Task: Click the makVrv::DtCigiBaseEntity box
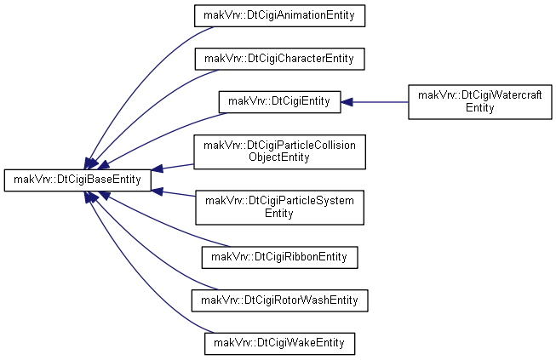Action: pyautogui.click(x=77, y=180)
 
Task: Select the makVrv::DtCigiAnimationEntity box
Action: pyautogui.click(x=279, y=15)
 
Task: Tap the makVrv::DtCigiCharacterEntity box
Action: pyautogui.click(x=279, y=59)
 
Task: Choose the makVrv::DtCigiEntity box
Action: pyautogui.click(x=279, y=102)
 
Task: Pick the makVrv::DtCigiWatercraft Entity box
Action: pyautogui.click(x=480, y=102)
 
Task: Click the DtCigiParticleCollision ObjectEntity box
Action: pyautogui.click(x=279, y=151)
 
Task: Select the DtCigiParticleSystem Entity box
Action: pyautogui.click(x=279, y=208)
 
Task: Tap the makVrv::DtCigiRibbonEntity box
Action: pyautogui.click(x=279, y=257)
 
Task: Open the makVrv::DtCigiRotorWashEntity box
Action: pyautogui.click(x=279, y=300)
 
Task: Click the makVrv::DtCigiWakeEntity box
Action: pyautogui.click(x=279, y=344)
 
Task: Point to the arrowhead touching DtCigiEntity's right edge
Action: pyautogui.click(x=347, y=102)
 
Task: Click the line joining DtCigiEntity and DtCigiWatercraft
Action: pyautogui.click(x=380, y=102)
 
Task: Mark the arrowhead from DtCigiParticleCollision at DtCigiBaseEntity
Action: pyautogui.click(x=158, y=168)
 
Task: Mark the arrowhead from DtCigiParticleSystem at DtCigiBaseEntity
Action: pyautogui.click(x=158, y=191)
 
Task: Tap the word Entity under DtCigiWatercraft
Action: pyautogui.click(x=479, y=108)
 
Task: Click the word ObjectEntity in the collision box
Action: pyautogui.click(x=279, y=157)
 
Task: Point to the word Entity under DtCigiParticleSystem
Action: pyautogui.click(x=279, y=214)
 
